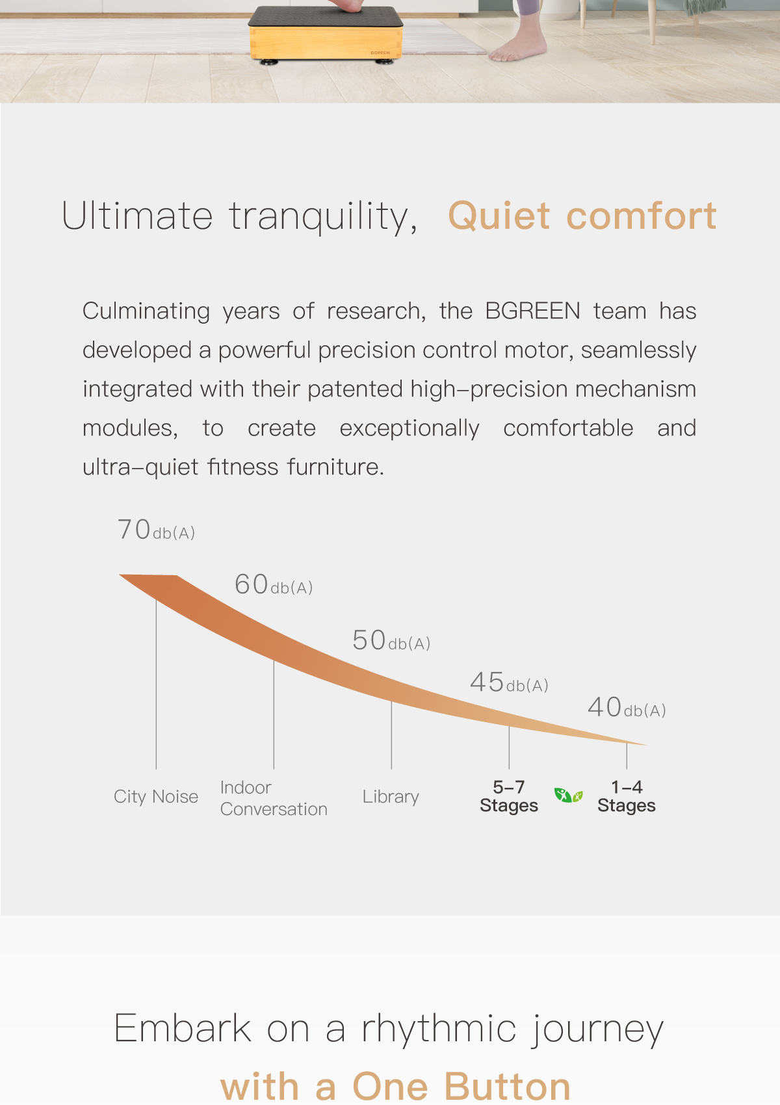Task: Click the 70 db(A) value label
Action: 156,530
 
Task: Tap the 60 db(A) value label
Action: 273,584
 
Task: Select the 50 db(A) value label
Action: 391,640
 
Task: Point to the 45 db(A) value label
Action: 509,682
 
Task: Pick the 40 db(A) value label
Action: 627,707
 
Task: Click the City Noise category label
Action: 156,797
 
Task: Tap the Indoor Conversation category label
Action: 274,798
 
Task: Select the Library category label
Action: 391,797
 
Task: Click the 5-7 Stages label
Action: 509,796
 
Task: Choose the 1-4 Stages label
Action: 627,796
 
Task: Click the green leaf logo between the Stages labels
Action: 568,795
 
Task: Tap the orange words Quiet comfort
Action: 582,216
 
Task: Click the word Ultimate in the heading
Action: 137,216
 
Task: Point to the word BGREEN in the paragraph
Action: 533,311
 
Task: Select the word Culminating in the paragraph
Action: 146,312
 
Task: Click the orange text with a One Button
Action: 395,1086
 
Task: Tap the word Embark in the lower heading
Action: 183,1029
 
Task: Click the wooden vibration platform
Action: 326,34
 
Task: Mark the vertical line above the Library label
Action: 391,734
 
